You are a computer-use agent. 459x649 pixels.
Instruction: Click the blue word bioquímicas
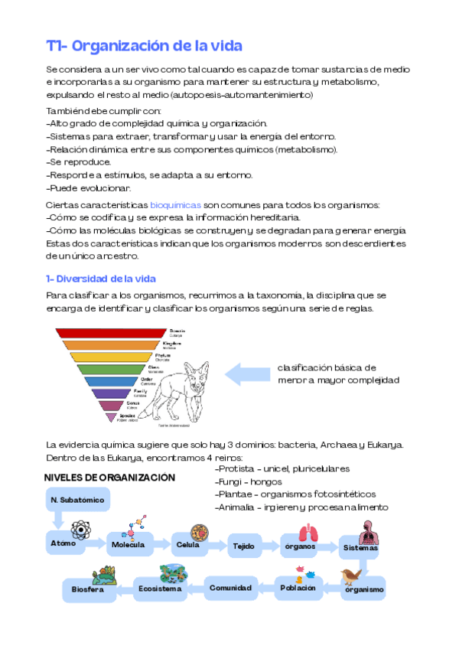click(175, 205)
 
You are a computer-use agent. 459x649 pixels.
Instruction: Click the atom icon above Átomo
click(80, 530)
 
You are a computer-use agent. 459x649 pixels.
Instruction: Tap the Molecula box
click(129, 544)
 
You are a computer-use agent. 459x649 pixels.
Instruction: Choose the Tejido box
click(245, 546)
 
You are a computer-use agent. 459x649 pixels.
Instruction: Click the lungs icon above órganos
click(308, 532)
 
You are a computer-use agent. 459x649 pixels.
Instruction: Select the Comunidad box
click(231, 589)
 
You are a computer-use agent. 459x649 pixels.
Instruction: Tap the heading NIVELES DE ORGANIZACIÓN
click(109, 478)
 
